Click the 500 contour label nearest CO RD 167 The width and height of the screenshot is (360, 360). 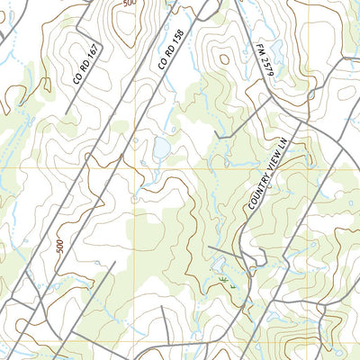[x=128, y=4]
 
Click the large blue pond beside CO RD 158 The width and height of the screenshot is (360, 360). [x=162, y=147]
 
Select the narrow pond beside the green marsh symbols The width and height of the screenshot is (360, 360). [x=219, y=265]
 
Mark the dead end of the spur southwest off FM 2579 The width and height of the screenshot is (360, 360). [x=216, y=136]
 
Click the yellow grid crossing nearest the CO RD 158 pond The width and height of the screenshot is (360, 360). [x=134, y=166]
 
